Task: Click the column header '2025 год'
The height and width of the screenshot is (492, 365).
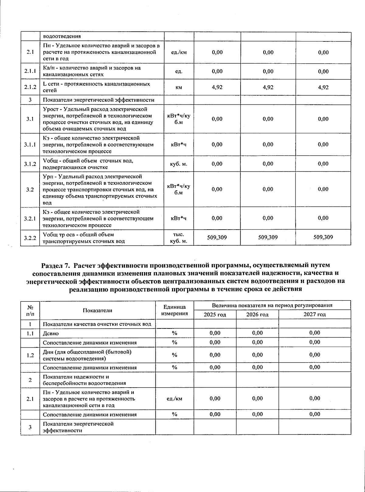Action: pos(215,315)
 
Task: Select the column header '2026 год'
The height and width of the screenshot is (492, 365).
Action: pos(257,315)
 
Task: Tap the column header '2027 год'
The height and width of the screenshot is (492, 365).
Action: pos(315,315)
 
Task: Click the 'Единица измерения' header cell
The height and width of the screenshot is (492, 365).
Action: pos(175,310)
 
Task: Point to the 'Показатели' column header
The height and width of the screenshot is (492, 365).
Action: pos(97,310)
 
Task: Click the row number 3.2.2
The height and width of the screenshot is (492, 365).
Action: pos(30,238)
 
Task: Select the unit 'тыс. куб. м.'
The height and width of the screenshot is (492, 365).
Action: pos(179,238)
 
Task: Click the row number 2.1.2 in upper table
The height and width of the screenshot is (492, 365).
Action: pos(30,87)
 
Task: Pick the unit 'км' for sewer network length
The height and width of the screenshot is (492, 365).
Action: pos(179,87)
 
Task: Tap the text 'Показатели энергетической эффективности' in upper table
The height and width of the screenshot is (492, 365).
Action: pos(98,100)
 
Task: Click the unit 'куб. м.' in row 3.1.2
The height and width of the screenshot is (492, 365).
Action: pos(179,164)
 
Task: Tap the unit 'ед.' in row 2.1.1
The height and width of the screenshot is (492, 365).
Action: pos(179,72)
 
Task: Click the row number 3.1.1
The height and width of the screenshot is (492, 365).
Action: pos(30,145)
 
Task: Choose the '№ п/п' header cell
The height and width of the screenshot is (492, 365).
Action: pos(30,310)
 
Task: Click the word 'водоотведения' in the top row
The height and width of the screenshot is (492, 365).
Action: pos(62,36)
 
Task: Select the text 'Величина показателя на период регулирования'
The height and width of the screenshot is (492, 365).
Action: pos(272,305)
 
